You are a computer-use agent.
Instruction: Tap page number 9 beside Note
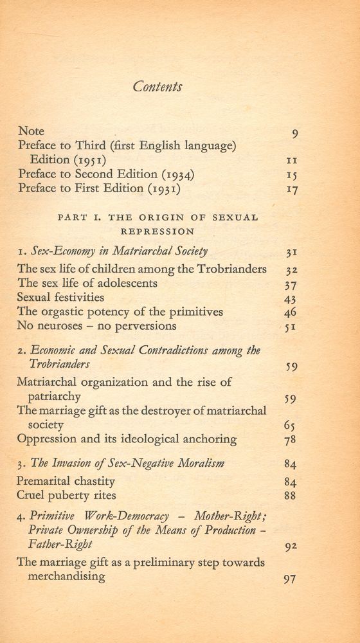(x=294, y=134)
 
